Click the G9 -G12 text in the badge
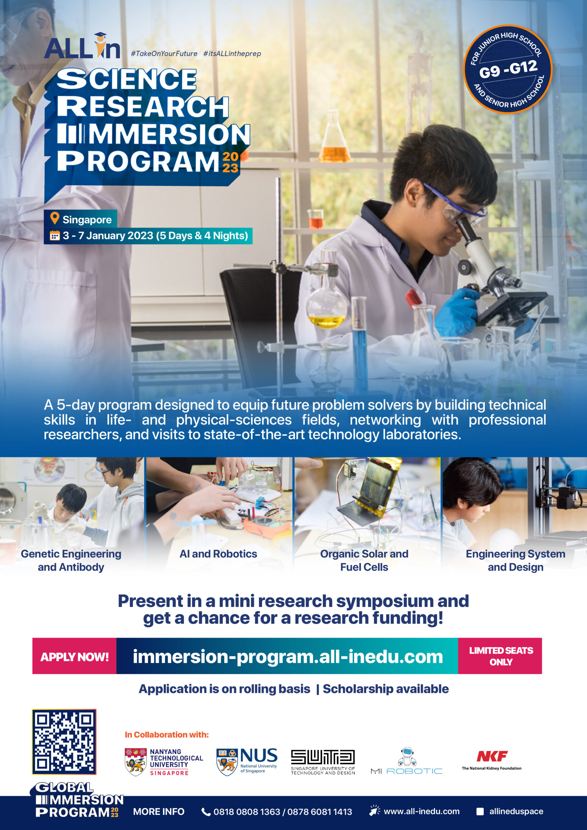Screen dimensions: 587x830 coord(508,69)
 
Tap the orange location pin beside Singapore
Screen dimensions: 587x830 coord(54,218)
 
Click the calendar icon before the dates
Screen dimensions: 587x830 coord(54,235)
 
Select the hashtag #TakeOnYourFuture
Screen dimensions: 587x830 coord(164,53)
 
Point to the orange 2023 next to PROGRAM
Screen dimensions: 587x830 coord(230,162)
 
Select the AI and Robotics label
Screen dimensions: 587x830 coord(218,554)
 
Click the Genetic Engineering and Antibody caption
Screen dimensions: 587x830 coord(71,560)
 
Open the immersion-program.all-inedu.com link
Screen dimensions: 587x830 coord(288,657)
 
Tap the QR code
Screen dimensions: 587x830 coord(64,742)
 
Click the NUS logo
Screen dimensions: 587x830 coord(247,761)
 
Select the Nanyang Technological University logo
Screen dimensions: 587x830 coord(164,762)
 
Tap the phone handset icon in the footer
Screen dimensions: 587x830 coord(206,812)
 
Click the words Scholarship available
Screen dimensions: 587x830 coord(386,689)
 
